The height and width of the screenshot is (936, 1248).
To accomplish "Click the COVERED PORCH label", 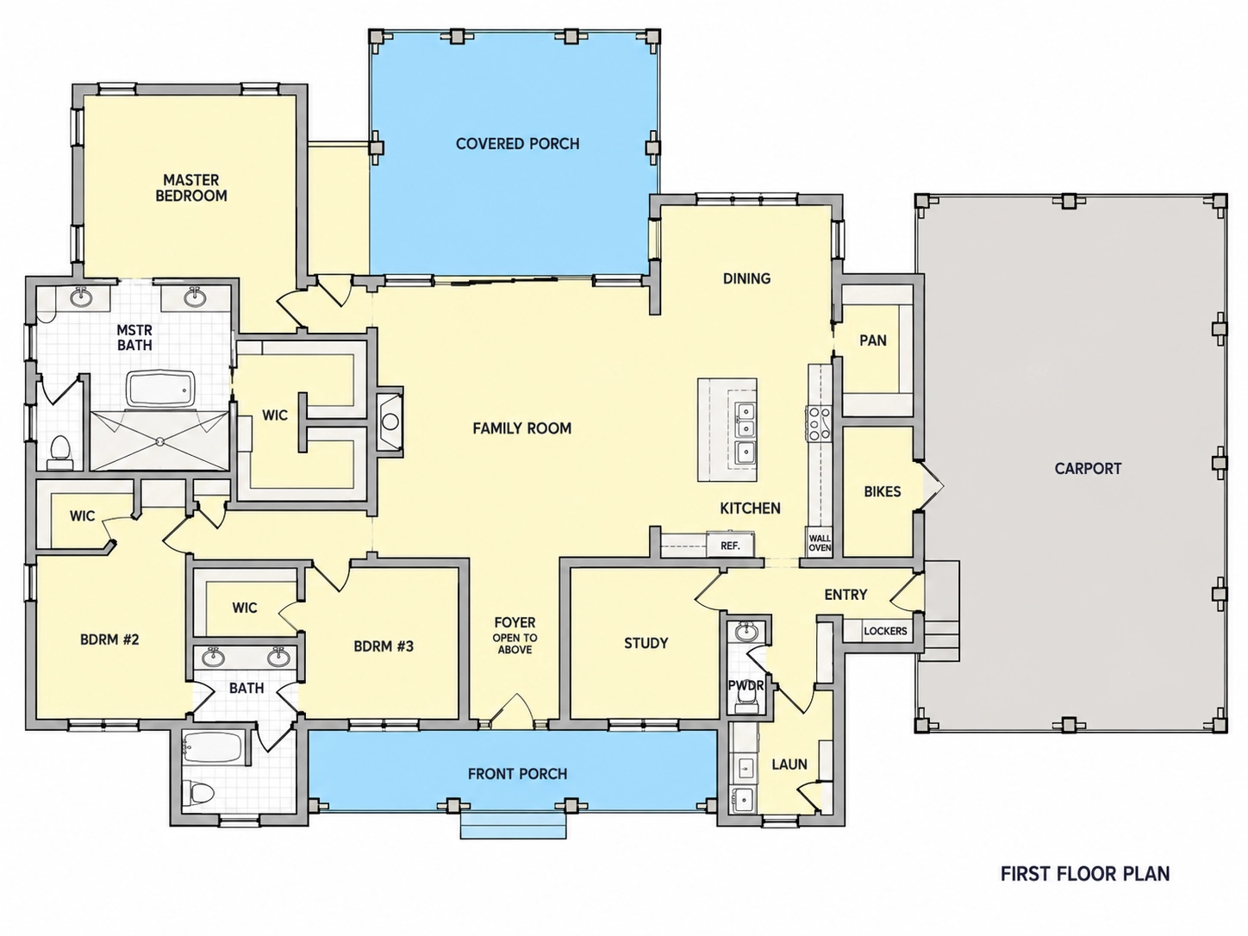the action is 517,144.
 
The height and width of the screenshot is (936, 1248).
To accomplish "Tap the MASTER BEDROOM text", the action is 191,188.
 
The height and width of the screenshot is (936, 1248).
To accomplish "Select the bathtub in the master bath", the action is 160,390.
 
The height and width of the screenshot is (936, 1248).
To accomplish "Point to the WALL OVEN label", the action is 820,543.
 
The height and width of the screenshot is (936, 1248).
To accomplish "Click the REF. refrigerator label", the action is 730,546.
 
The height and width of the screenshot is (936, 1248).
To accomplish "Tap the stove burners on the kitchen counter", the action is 819,423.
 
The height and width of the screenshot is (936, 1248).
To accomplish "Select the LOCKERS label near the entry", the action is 885,631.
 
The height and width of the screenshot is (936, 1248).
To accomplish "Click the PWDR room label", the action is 746,686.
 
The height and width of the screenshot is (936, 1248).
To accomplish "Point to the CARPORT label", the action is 1088,469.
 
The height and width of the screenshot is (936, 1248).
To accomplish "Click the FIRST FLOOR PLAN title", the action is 1085,873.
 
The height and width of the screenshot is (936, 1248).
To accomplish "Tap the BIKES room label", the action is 883,491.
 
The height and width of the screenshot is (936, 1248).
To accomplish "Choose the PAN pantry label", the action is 873,340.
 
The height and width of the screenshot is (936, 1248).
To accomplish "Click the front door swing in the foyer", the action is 515,710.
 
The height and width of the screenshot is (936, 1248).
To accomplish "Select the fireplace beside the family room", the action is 390,421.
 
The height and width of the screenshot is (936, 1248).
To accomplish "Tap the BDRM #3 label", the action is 384,646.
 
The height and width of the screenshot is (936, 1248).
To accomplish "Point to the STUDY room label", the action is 646,643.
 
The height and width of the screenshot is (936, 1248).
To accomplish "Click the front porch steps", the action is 514,825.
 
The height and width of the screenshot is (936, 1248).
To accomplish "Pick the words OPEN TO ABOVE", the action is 515,644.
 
